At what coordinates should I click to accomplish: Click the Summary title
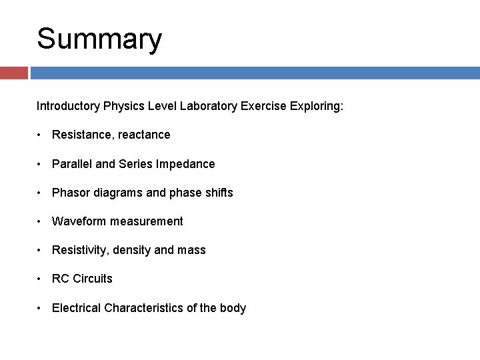[x=99, y=39]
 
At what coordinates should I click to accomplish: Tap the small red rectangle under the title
[x=13, y=73]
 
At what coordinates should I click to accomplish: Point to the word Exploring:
[x=317, y=106]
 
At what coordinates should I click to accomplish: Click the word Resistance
[x=81, y=135]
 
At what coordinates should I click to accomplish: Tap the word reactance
[x=143, y=135]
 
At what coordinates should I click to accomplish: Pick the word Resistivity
[x=80, y=250]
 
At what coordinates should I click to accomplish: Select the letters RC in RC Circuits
[x=60, y=279]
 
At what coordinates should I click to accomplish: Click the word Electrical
[x=77, y=308]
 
